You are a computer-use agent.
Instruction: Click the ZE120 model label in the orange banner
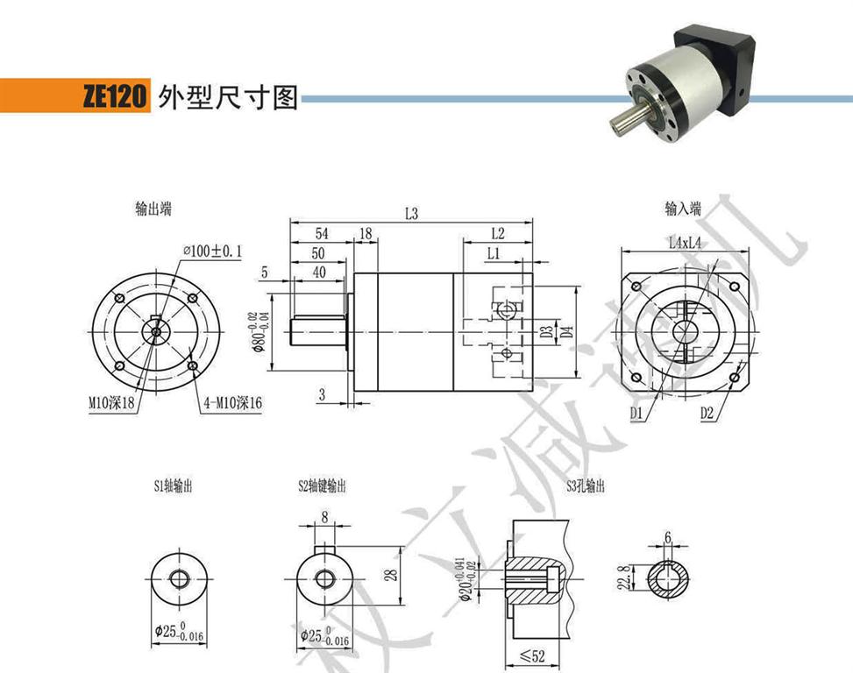[113, 97]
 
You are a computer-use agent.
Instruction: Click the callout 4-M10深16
[231, 403]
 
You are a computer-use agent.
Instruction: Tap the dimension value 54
[321, 234]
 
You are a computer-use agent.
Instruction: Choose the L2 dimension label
[498, 234]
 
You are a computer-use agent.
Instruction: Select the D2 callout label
[708, 412]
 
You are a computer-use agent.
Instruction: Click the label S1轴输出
[173, 485]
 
